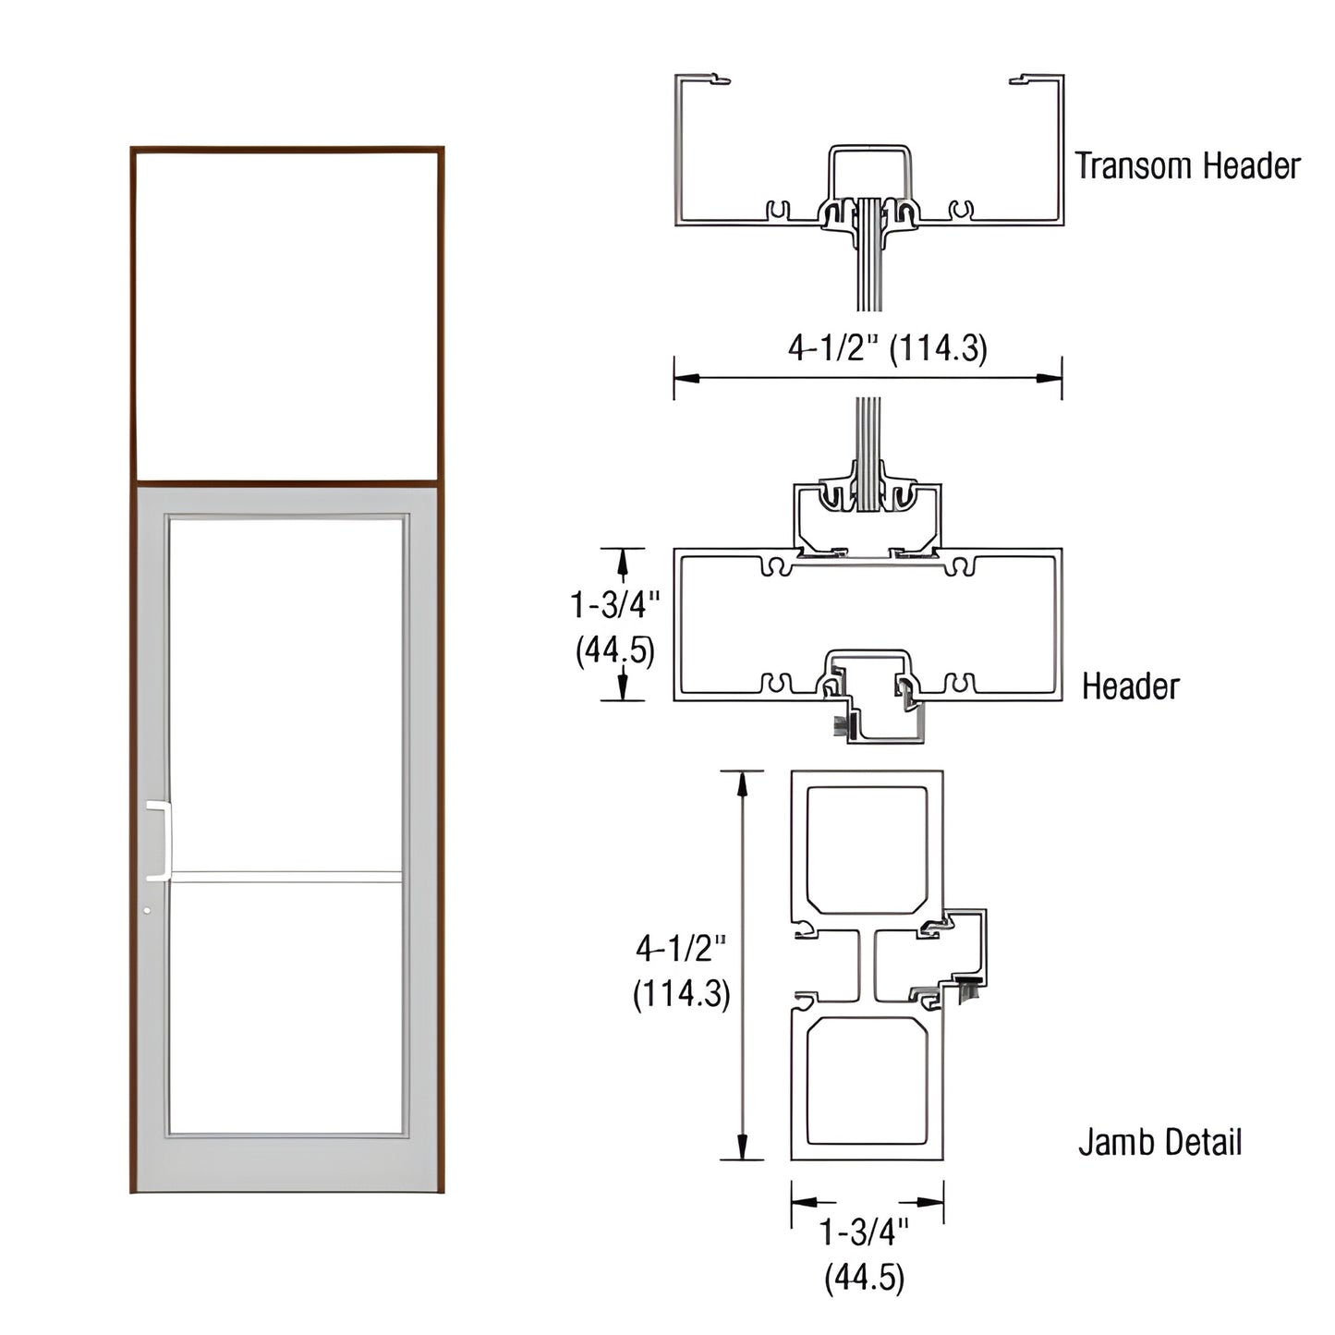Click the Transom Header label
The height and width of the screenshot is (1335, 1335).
[1187, 166]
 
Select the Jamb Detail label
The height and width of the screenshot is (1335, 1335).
[1159, 1143]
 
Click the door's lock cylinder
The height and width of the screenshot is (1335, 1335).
[147, 911]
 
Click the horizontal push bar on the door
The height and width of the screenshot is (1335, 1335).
[286, 876]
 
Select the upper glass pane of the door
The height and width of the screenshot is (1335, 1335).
[286, 693]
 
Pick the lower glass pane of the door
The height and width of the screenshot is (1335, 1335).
[286, 1007]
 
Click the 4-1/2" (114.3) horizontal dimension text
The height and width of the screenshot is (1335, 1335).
[887, 348]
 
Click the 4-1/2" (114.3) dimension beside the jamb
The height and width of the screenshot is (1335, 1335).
[682, 970]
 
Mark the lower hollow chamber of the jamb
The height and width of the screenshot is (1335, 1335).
[867, 1081]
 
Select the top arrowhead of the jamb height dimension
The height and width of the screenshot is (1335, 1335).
[741, 782]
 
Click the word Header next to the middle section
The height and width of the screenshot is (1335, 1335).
[1131, 686]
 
